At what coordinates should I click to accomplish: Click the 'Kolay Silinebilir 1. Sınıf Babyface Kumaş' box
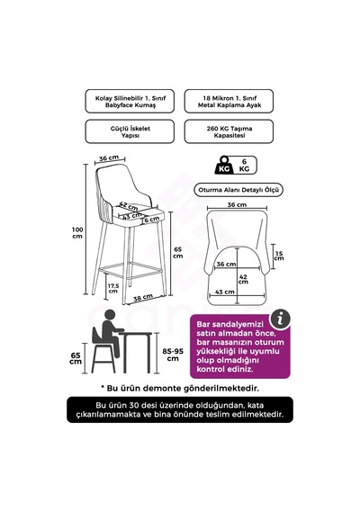point(130,102)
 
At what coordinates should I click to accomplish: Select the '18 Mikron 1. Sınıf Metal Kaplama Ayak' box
point(229,102)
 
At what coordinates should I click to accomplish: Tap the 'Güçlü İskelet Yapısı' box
point(130,131)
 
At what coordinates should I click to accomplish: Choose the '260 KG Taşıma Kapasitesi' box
point(229,131)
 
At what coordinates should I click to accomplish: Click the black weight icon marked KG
point(224,166)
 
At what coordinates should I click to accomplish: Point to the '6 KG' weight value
point(245,166)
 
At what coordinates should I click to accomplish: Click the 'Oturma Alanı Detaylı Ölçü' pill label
point(238,190)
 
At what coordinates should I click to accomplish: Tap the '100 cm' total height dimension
point(77,232)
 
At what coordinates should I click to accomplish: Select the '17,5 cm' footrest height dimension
point(113,288)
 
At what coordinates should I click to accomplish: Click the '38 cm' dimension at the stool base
point(143,297)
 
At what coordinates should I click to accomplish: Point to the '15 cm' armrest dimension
point(279,256)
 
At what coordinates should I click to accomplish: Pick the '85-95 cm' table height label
point(173,355)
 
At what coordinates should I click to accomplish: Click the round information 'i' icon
point(280,319)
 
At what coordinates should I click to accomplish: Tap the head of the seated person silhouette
point(111,316)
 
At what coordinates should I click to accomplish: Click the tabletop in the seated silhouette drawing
point(135,333)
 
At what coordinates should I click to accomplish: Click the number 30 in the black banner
point(134,405)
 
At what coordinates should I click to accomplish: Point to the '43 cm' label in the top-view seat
point(225,292)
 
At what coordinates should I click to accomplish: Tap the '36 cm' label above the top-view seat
point(237,205)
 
